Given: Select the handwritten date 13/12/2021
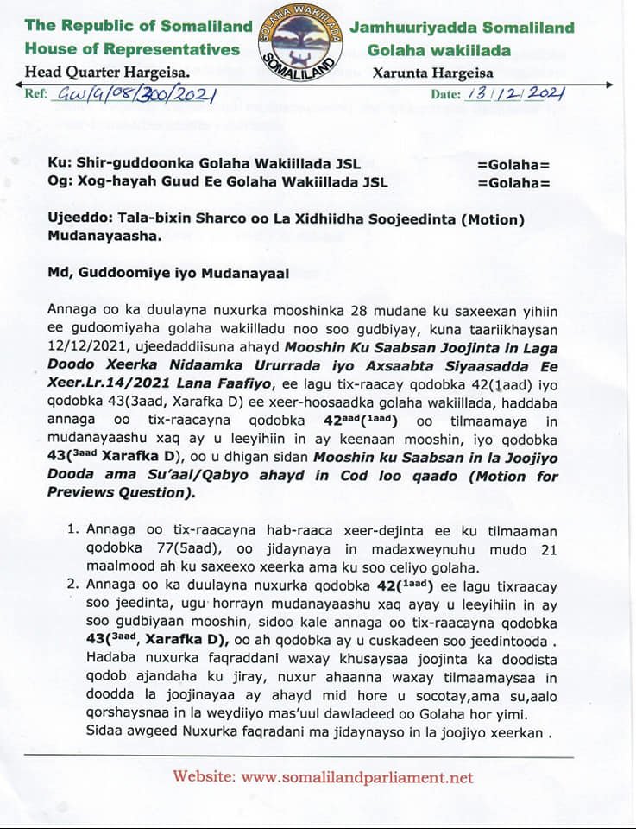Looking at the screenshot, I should point(513,94).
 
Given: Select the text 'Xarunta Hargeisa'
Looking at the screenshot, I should point(432,73).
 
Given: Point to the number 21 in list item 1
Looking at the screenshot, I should point(549,550).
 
